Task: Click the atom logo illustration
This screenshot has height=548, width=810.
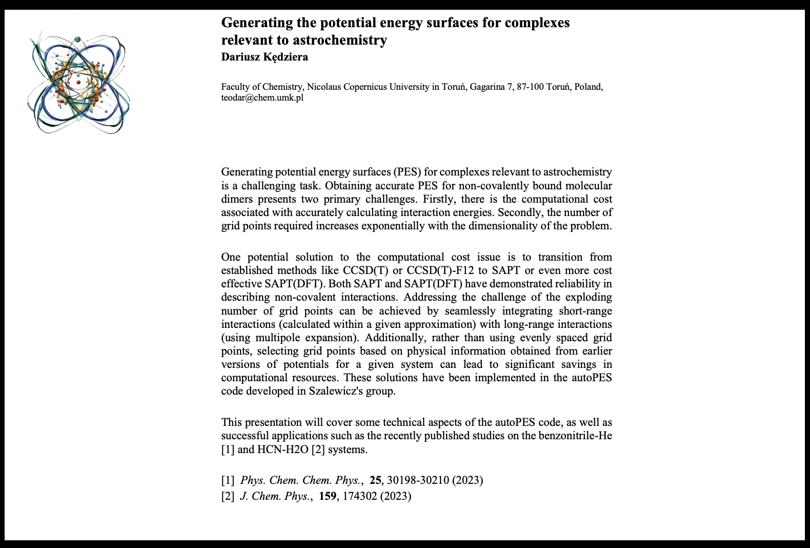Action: (x=78, y=82)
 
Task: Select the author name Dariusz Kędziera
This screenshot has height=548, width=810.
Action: (x=265, y=57)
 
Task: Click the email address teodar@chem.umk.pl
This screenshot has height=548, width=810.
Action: (x=262, y=97)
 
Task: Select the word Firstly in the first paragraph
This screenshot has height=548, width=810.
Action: (x=439, y=199)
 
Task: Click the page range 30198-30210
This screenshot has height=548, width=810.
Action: (x=418, y=480)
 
